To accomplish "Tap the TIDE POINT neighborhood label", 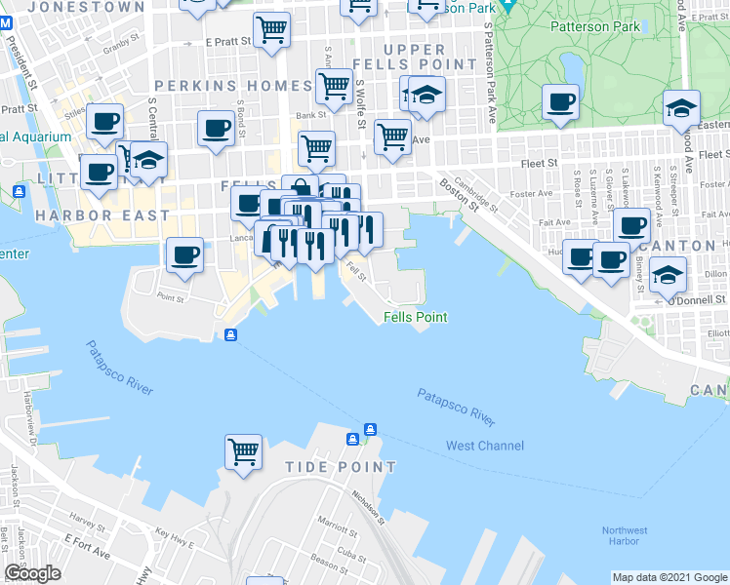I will coord(341,467).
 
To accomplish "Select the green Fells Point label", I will coord(415,317).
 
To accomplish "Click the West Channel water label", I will coord(484,446).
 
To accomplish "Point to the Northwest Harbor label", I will coord(625,536).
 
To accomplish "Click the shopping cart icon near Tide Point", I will coord(243,451).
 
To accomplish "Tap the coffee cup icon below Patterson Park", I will coord(560,102).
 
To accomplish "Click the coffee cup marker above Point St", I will coord(184,255).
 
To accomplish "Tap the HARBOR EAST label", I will coord(102,214).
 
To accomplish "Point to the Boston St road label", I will coord(458,194).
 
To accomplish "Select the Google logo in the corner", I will coord(32,574).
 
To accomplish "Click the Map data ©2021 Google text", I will coord(669,577).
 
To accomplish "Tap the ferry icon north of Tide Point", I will coord(371,430).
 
